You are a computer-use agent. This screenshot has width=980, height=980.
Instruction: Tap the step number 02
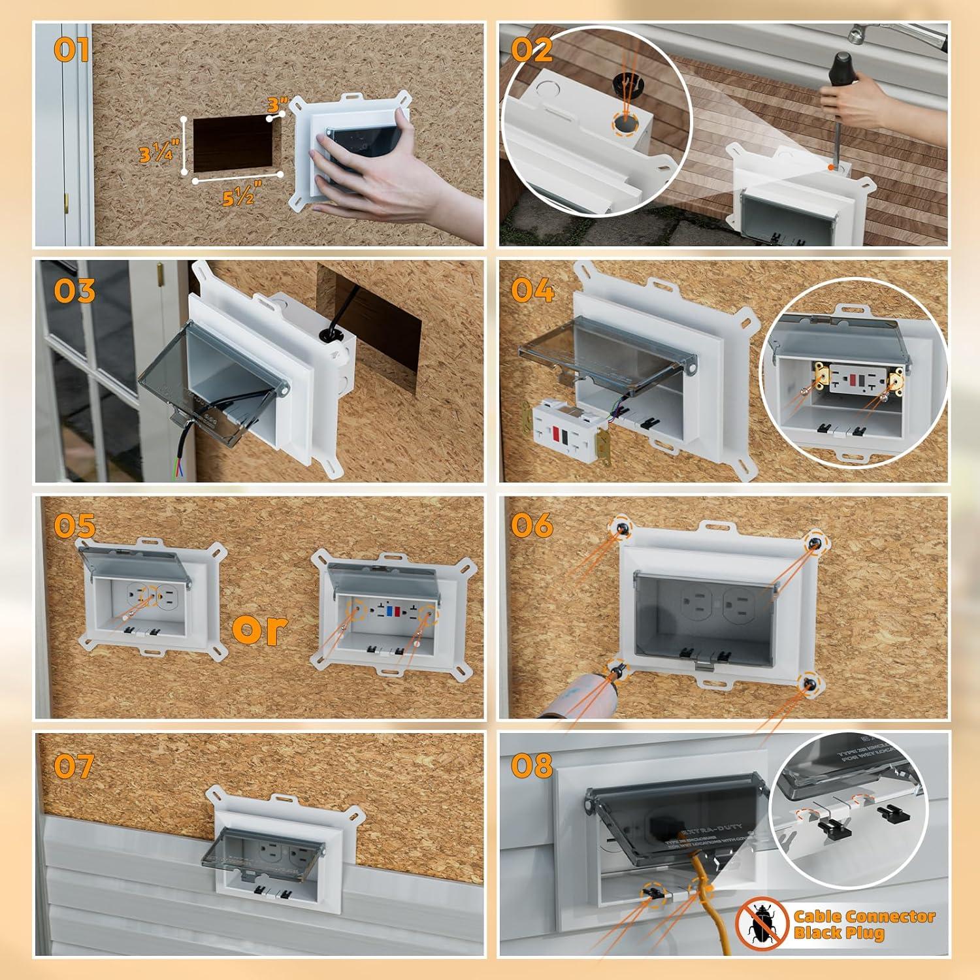tap(532, 50)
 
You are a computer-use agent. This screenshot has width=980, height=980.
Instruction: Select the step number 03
tap(74, 291)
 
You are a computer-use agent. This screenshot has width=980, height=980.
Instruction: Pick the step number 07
tap(74, 766)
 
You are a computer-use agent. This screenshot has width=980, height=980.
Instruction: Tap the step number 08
tap(532, 766)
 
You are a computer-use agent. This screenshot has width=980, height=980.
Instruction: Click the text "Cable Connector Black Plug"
tap(864, 924)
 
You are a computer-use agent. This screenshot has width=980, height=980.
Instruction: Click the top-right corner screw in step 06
tap(814, 544)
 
